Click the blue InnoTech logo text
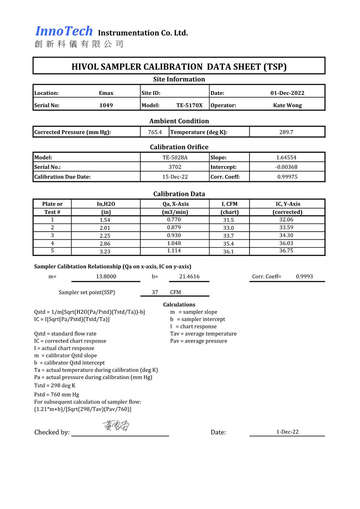point(64,31)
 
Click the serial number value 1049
point(106,105)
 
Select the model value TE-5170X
point(189,105)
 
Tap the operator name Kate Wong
point(287,105)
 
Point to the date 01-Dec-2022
point(287,93)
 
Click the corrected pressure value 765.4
point(155,132)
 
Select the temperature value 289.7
point(286,132)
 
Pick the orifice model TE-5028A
point(175,157)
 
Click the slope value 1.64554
point(286,157)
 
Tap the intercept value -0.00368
point(286,167)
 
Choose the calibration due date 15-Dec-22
point(175,177)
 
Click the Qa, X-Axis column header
point(175,204)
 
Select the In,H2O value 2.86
point(105,244)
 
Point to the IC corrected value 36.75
point(286,250)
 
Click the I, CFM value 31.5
point(228,220)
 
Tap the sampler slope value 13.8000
point(106,277)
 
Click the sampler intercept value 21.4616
point(189,277)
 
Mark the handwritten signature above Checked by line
point(116,426)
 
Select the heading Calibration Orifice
point(179,147)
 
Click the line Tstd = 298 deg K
point(55,386)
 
